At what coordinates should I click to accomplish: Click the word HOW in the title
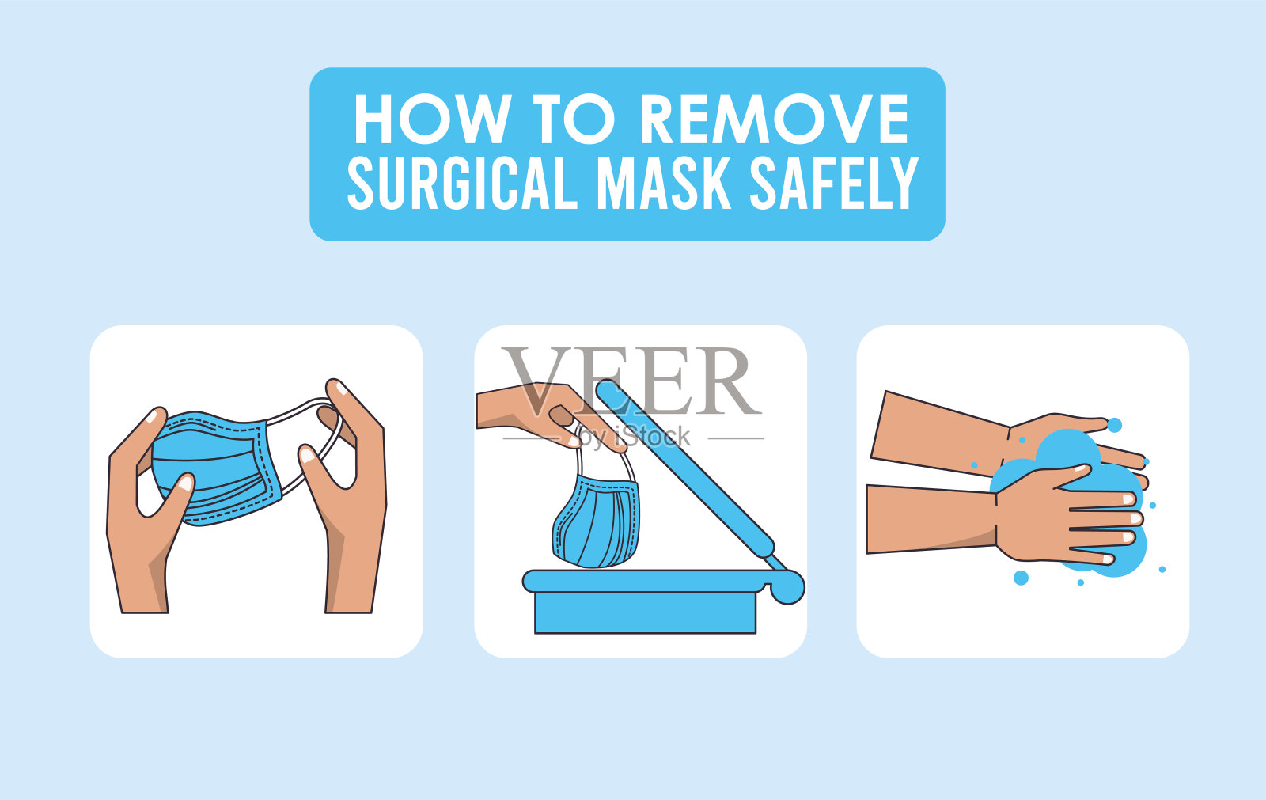click(x=433, y=119)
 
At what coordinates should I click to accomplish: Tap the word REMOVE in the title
click(x=775, y=119)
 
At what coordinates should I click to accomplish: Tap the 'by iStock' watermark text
click(x=634, y=438)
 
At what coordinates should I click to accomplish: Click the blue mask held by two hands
click(x=214, y=469)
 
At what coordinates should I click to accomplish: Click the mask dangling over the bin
click(x=597, y=520)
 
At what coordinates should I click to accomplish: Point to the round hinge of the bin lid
click(x=787, y=587)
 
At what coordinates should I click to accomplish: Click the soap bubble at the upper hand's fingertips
click(x=1114, y=425)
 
